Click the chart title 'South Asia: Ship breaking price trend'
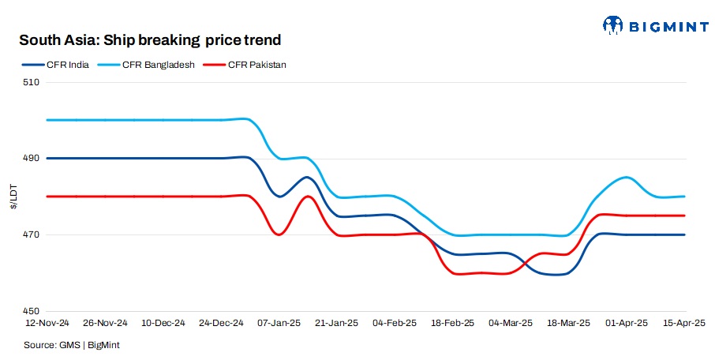point(150,39)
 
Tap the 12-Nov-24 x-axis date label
point(48,324)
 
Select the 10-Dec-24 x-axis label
point(163,324)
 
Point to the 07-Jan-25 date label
point(279,324)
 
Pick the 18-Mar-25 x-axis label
point(569,324)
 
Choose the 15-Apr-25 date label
point(684,324)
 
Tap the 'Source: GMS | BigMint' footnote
point(72,345)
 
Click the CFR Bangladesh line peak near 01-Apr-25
point(625,178)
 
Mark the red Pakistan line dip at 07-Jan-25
point(279,234)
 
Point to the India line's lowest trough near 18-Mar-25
point(556,274)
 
